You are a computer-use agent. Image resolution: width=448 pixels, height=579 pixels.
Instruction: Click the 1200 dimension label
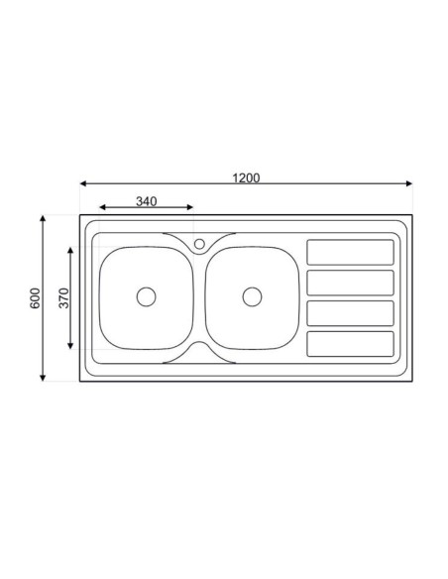pyautogui.click(x=246, y=177)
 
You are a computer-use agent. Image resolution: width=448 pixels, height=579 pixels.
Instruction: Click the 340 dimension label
pyautogui.click(x=146, y=201)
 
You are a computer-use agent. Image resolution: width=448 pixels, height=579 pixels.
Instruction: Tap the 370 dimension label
pyautogui.click(x=62, y=298)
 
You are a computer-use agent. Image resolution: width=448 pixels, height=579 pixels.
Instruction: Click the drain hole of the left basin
pyautogui.click(x=146, y=295)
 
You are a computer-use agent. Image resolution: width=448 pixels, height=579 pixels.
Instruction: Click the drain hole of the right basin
pyautogui.click(x=252, y=295)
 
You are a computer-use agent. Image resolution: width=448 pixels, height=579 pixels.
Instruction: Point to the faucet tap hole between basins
pyautogui.click(x=199, y=243)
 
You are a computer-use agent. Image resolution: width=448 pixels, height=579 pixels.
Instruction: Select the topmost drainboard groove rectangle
pyautogui.click(x=350, y=252)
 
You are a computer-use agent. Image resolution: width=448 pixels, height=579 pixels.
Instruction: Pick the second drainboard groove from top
pyautogui.click(x=350, y=283)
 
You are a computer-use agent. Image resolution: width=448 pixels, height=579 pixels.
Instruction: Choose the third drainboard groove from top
pyautogui.click(x=350, y=313)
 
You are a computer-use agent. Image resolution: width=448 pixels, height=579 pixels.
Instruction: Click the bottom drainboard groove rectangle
pyautogui.click(x=350, y=343)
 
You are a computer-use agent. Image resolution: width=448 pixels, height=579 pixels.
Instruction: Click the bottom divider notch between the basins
pyautogui.click(x=199, y=350)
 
